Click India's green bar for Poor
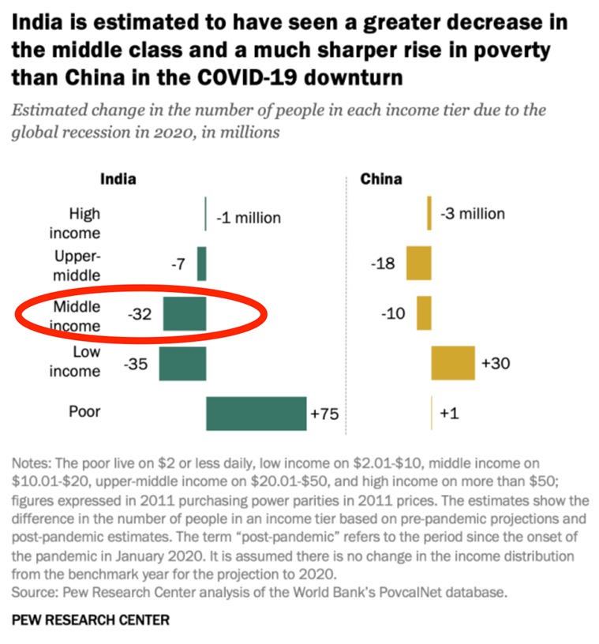tap(256, 414)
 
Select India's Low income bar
tap(182, 364)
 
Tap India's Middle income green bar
tap(185, 313)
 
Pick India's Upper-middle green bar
tap(201, 264)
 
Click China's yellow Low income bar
tap(453, 363)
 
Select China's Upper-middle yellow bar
tap(419, 264)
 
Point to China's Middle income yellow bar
tap(424, 313)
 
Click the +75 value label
tap(324, 414)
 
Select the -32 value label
tap(139, 314)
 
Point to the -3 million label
tap(472, 214)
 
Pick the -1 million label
tap(248, 218)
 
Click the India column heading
tap(118, 178)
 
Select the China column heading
tap(381, 178)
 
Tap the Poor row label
tap(85, 411)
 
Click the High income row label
tap(76, 223)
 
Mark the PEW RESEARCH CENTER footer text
tap(91, 620)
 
